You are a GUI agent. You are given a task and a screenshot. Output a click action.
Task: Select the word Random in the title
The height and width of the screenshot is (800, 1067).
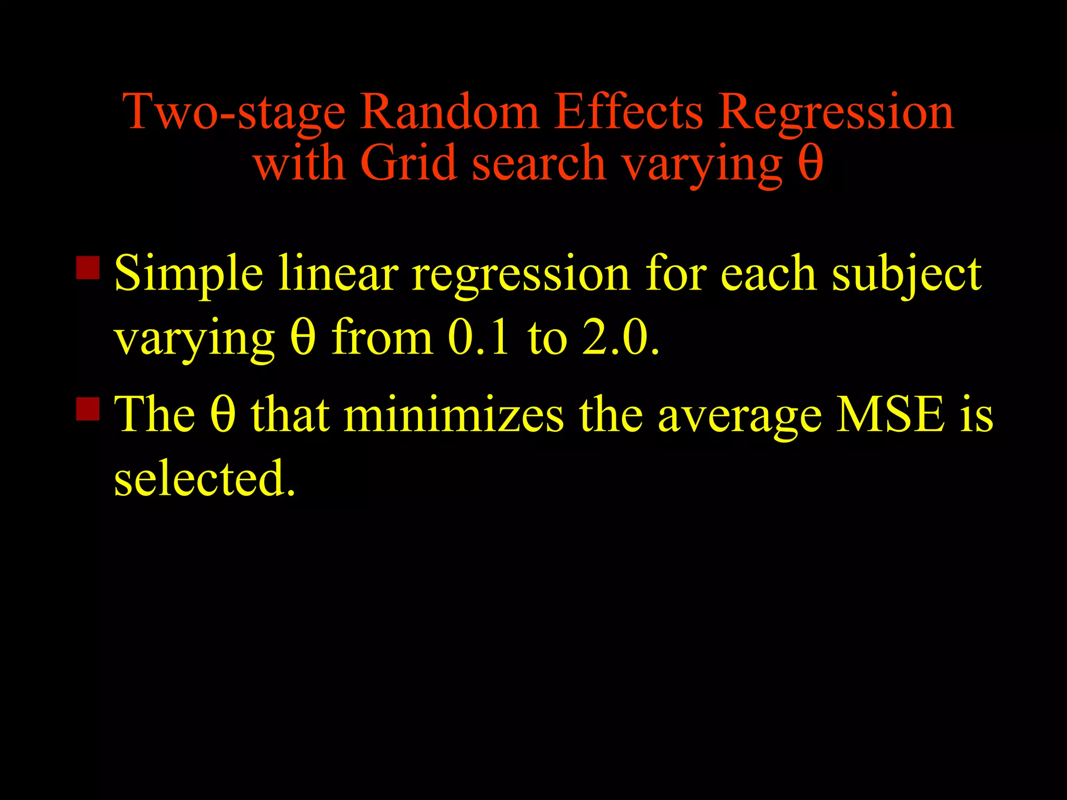click(x=450, y=111)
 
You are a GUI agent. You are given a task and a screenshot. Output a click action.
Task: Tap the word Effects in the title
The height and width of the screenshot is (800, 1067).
click(x=628, y=111)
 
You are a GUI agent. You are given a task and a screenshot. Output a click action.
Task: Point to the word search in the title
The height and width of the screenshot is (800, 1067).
click(x=539, y=163)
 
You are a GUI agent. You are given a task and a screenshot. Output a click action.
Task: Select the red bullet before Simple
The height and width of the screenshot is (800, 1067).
click(x=88, y=268)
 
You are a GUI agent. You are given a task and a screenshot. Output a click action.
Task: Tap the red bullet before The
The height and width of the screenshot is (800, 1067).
click(x=88, y=408)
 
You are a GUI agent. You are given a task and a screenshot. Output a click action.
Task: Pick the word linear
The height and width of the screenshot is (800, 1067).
click(x=338, y=273)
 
